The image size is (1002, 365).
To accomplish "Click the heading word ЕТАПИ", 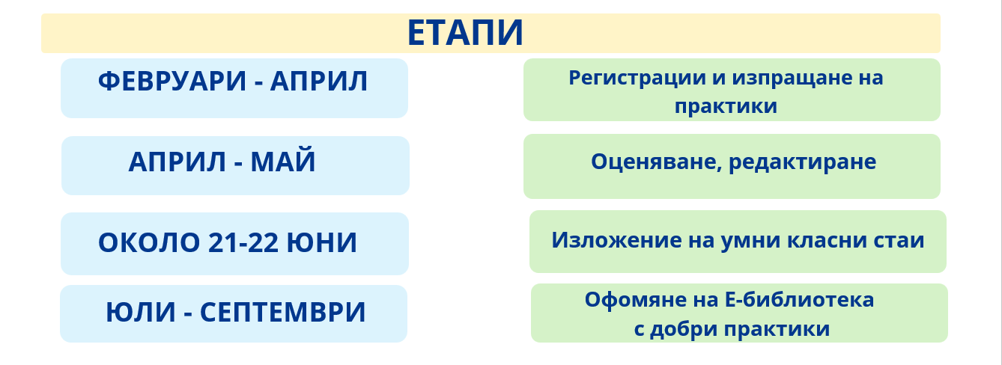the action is (465, 33).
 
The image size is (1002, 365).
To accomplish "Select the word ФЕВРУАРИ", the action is (172, 81).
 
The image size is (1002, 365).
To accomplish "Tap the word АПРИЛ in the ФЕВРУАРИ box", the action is (319, 81).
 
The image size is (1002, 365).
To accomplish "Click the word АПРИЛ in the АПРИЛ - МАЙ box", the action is (177, 162).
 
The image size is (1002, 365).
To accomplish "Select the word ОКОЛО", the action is (149, 242).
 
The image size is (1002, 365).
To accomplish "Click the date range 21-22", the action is (243, 242).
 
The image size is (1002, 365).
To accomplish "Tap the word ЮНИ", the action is (322, 242).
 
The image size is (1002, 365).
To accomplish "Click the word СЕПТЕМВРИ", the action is (283, 312).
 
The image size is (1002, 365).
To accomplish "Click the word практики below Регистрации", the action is (726, 107).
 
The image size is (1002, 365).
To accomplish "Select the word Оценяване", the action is (657, 162).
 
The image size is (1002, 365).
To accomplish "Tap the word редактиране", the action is (803, 162).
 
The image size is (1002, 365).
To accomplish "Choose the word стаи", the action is (900, 241).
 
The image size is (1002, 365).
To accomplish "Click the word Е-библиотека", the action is (799, 299).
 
